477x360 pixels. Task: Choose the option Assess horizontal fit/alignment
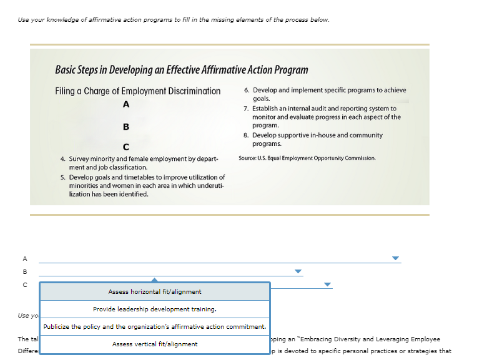tap(155, 292)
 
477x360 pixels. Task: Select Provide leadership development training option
tap(155, 309)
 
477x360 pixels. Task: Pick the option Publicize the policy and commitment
tap(155, 327)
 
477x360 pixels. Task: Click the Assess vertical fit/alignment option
tap(155, 344)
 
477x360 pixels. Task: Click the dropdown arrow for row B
tap(298, 271)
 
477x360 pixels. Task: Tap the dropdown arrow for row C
tap(327, 285)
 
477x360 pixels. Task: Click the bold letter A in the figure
tap(126, 104)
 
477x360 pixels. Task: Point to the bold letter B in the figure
tap(126, 126)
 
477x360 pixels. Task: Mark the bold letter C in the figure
tap(126, 147)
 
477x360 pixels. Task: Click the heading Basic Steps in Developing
tap(181, 70)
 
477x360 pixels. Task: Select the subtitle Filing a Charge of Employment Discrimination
tap(138, 91)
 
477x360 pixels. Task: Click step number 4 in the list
tap(63, 159)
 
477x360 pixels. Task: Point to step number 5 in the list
tap(63, 178)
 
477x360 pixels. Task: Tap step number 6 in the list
tap(246, 90)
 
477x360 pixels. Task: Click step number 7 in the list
tap(246, 109)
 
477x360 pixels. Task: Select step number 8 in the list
tap(246, 135)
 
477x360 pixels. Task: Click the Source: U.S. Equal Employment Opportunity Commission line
tap(307, 158)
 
